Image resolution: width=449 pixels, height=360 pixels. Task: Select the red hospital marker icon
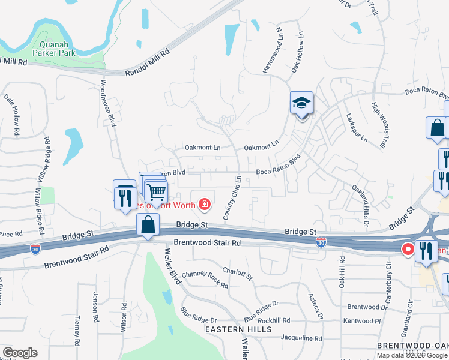205,205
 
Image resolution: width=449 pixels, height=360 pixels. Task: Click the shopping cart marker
156,193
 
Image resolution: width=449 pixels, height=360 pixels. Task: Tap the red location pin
408,248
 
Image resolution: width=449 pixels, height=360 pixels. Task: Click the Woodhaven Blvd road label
107,103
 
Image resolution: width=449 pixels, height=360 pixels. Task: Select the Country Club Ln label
232,197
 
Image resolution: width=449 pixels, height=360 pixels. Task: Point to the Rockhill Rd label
274,320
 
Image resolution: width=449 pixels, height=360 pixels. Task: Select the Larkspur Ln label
355,128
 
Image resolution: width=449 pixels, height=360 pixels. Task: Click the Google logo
20,353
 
